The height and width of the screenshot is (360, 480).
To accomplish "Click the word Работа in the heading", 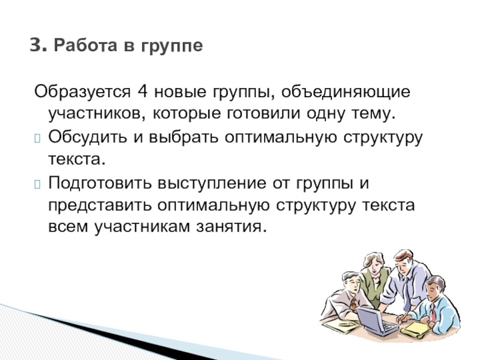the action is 86,46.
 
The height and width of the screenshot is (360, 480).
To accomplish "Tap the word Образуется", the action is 82,91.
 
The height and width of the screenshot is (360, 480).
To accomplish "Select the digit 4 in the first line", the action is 143,91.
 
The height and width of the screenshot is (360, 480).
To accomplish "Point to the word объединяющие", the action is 346,92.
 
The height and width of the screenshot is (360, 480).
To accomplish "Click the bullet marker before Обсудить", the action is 37,139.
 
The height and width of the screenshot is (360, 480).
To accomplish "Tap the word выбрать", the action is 184,137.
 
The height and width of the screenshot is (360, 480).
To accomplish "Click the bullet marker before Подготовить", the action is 37,184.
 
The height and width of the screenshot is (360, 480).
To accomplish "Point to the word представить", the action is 100,205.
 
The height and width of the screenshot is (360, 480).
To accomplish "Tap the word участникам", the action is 142,227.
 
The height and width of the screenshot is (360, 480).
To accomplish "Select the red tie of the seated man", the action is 433,313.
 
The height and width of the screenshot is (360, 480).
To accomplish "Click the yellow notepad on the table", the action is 416,330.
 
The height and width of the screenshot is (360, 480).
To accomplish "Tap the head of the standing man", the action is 403,262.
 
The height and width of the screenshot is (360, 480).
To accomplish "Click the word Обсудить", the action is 87,137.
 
